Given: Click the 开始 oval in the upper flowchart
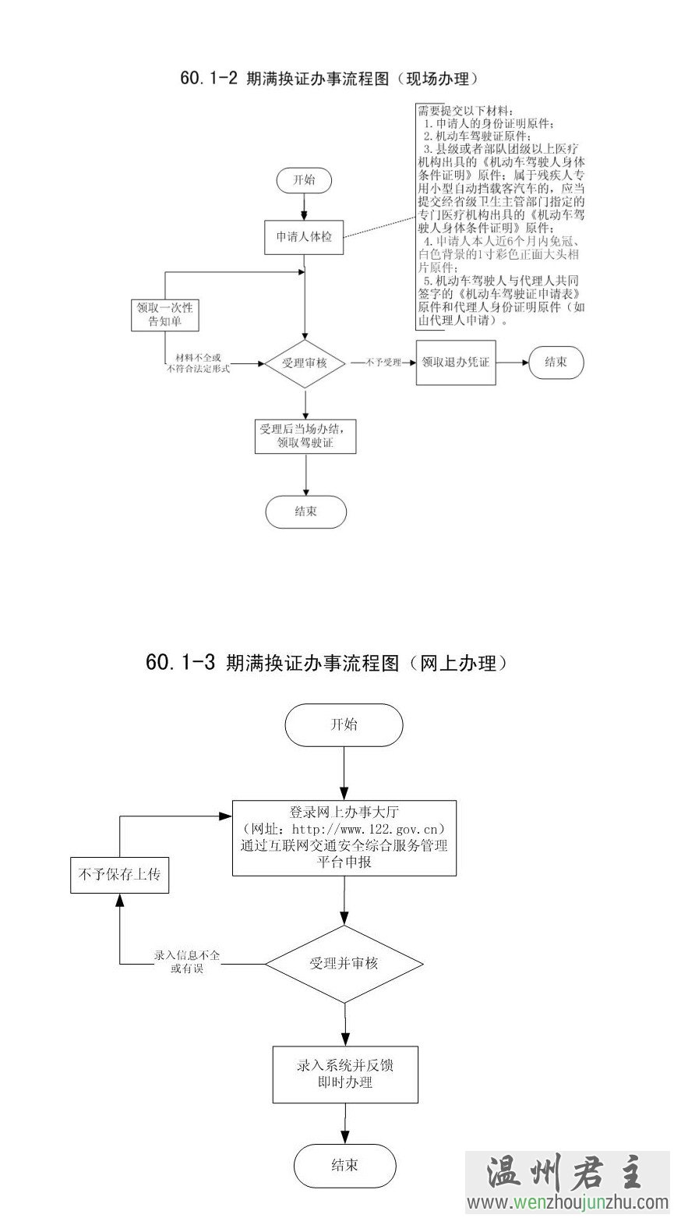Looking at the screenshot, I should pyautogui.click(x=304, y=179).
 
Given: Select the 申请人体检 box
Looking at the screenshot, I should pyautogui.click(x=304, y=237).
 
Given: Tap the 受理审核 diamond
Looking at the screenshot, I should pyautogui.click(x=305, y=363).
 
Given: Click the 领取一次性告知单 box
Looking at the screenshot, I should pyautogui.click(x=164, y=314).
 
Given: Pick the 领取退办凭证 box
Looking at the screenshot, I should pyautogui.click(x=456, y=363).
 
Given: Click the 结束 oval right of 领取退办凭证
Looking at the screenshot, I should pyautogui.click(x=556, y=363).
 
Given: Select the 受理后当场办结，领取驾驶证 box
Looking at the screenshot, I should pyautogui.click(x=305, y=437).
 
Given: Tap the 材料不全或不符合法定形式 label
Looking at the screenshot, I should pyautogui.click(x=198, y=363).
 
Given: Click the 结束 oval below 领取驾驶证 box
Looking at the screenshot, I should pyautogui.click(x=305, y=512).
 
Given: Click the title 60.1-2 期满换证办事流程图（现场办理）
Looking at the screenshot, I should pyautogui.click(x=328, y=79).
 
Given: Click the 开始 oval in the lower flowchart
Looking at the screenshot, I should pyautogui.click(x=344, y=724).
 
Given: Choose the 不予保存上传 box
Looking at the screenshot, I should pyautogui.click(x=119, y=875).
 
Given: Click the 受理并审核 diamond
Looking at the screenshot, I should pyautogui.click(x=344, y=963).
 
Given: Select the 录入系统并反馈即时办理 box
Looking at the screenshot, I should pyautogui.click(x=344, y=1074).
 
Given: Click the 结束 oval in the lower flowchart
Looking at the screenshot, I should pyautogui.click(x=344, y=1165).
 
